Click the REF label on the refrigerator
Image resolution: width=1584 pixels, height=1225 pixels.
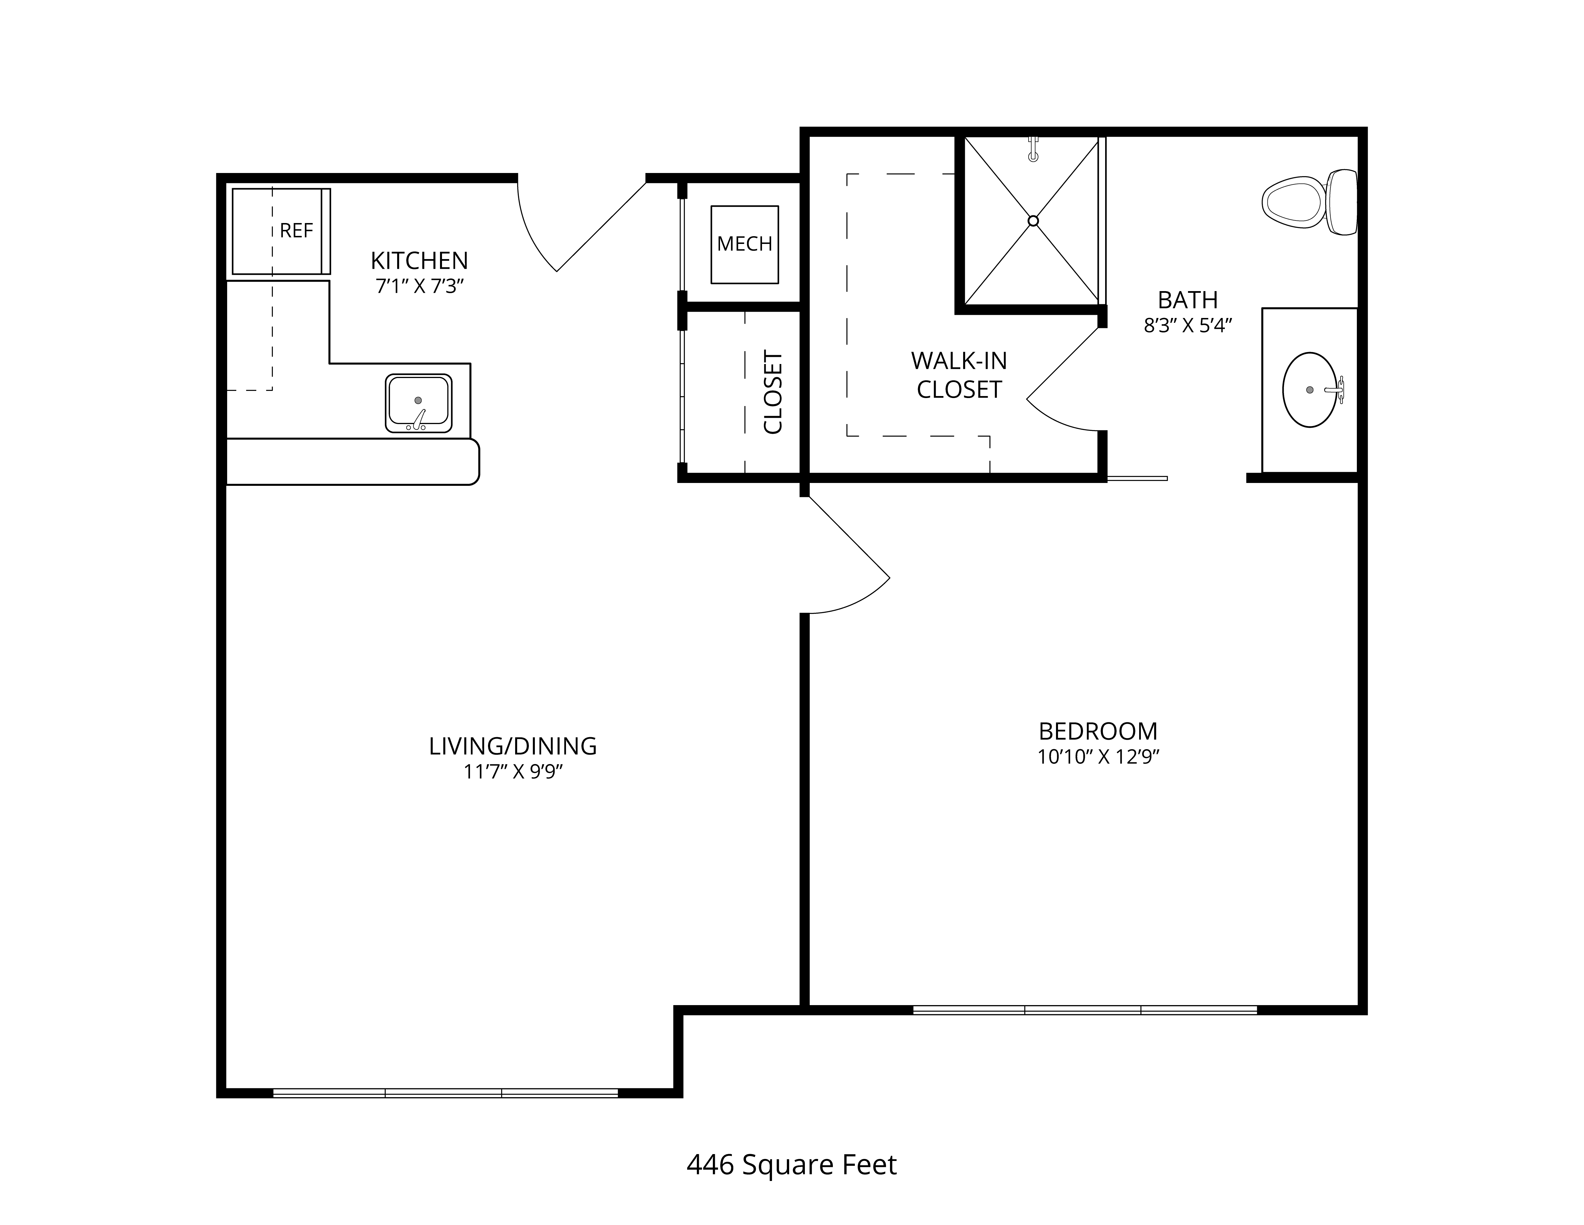click(x=296, y=231)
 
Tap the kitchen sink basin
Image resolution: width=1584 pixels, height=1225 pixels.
click(x=419, y=403)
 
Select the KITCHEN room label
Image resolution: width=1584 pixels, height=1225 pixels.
click(x=419, y=260)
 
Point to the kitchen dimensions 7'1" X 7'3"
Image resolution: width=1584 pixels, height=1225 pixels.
click(x=419, y=287)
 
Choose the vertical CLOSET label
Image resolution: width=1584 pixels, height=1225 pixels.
click(x=773, y=393)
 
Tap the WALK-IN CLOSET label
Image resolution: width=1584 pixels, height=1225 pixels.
click(x=959, y=375)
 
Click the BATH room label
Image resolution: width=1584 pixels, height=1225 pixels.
click(x=1188, y=300)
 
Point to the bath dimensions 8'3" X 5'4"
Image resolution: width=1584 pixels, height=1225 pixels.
click(x=1188, y=326)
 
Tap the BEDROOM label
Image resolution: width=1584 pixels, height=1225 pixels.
click(x=1098, y=731)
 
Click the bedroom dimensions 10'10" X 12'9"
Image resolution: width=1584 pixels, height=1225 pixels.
click(x=1098, y=757)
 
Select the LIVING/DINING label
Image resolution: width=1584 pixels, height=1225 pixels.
click(x=513, y=746)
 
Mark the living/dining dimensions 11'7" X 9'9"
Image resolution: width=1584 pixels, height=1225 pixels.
click(x=513, y=771)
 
